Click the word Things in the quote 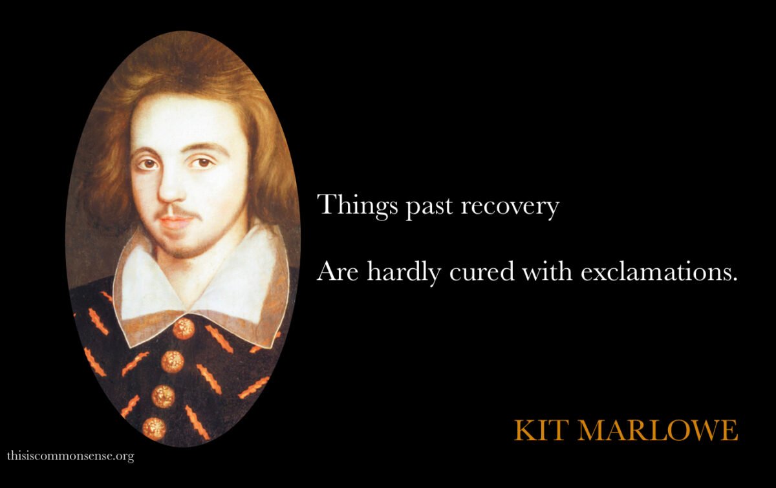click(x=357, y=206)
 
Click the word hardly click(x=404, y=272)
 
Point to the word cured click(x=482, y=272)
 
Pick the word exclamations click(x=656, y=272)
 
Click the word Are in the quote click(x=338, y=272)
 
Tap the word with click(x=547, y=271)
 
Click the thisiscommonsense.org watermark click(x=70, y=456)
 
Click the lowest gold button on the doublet click(x=154, y=429)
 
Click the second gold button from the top click(x=173, y=361)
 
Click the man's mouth click(x=176, y=221)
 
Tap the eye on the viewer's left click(x=148, y=163)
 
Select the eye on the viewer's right click(x=202, y=162)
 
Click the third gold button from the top click(x=163, y=396)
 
